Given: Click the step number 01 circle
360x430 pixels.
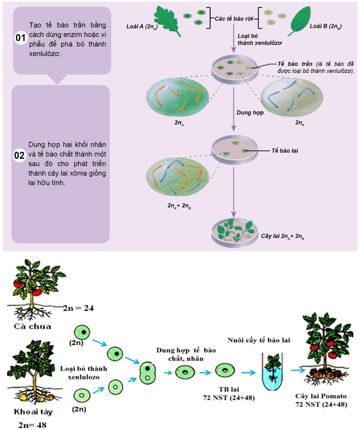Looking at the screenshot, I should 20,38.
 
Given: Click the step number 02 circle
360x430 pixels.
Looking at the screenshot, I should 20,155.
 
